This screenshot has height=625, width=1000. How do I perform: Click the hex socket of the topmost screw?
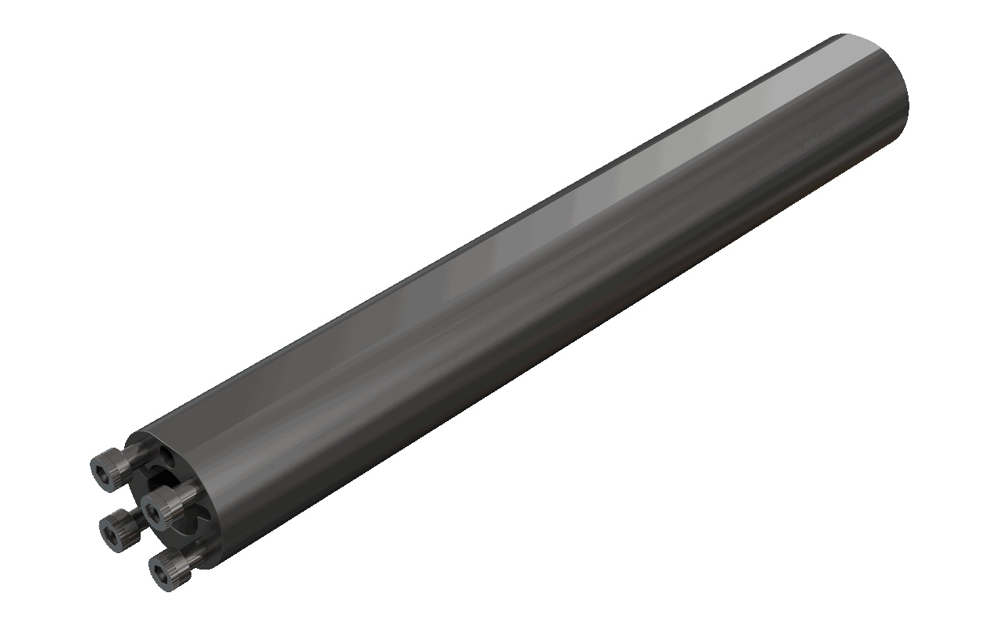click(x=103, y=472)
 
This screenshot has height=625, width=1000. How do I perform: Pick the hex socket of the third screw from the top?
click(x=111, y=532)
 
